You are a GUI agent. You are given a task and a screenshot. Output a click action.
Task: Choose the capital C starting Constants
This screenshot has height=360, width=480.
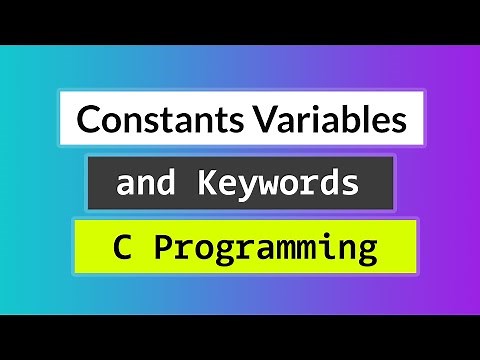pos(88,121)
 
